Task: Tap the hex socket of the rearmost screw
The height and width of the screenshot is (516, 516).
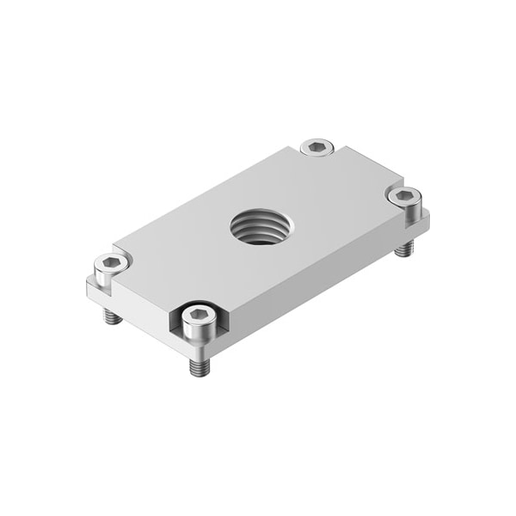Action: pos(318,147)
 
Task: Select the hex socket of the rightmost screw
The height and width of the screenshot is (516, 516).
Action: pos(402,196)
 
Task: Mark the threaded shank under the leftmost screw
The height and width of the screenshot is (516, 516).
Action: pos(109,316)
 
